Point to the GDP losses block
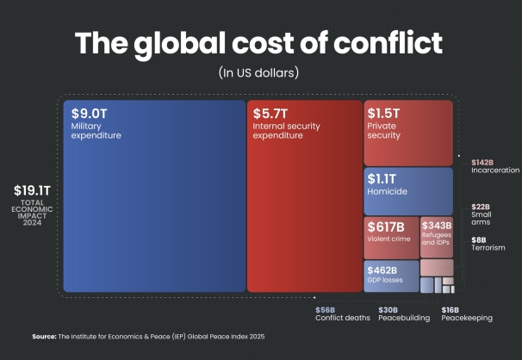(x=390, y=276)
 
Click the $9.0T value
(x=89, y=113)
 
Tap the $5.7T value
(x=268, y=113)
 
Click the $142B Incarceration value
(x=484, y=162)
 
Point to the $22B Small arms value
(x=481, y=207)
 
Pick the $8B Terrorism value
(x=478, y=239)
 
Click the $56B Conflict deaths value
(x=325, y=309)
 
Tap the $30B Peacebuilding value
(x=388, y=309)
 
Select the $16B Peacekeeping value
(x=450, y=309)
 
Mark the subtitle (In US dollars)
(x=259, y=71)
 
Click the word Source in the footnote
(x=43, y=336)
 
